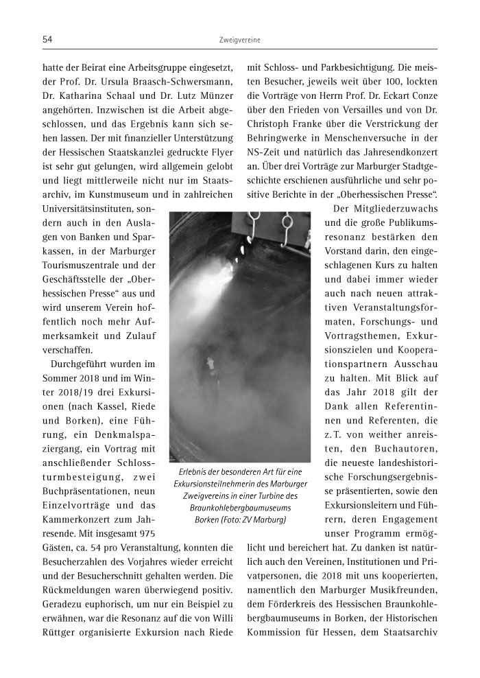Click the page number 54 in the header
(x=47, y=41)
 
